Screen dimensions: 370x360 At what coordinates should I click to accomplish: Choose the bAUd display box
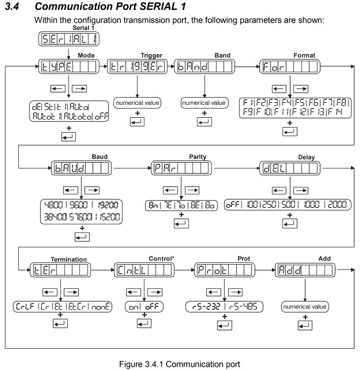81,168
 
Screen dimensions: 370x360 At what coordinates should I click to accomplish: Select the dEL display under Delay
290,168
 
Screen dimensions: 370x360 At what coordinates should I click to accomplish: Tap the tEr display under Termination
61,270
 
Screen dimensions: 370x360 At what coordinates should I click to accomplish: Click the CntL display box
144,270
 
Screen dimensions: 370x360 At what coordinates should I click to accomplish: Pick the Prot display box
224,270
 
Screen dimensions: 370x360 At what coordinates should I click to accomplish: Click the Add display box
305,270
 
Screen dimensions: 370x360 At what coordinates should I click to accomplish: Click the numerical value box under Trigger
137,103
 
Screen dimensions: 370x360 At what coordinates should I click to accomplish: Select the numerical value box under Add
305,306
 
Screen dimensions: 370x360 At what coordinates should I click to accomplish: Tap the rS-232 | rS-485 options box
224,306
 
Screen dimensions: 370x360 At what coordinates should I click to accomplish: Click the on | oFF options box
144,306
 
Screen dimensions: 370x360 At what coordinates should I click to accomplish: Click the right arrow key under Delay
301,190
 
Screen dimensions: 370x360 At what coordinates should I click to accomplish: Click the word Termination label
68,259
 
